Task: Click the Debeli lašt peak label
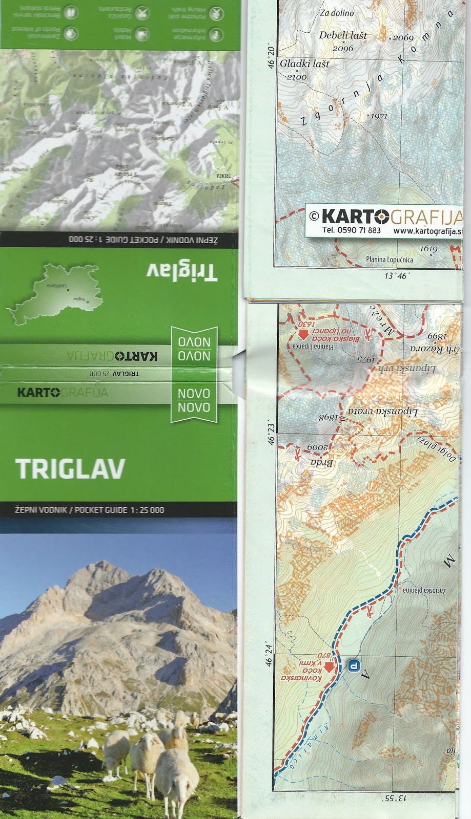pos(343,35)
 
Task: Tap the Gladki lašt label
pos(304,64)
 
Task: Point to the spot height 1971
pos(379,116)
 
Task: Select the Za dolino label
pos(336,13)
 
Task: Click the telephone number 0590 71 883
pos(351,230)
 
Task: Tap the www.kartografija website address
pos(428,230)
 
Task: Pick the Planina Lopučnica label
pos(389,260)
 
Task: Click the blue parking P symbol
pos(353,666)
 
